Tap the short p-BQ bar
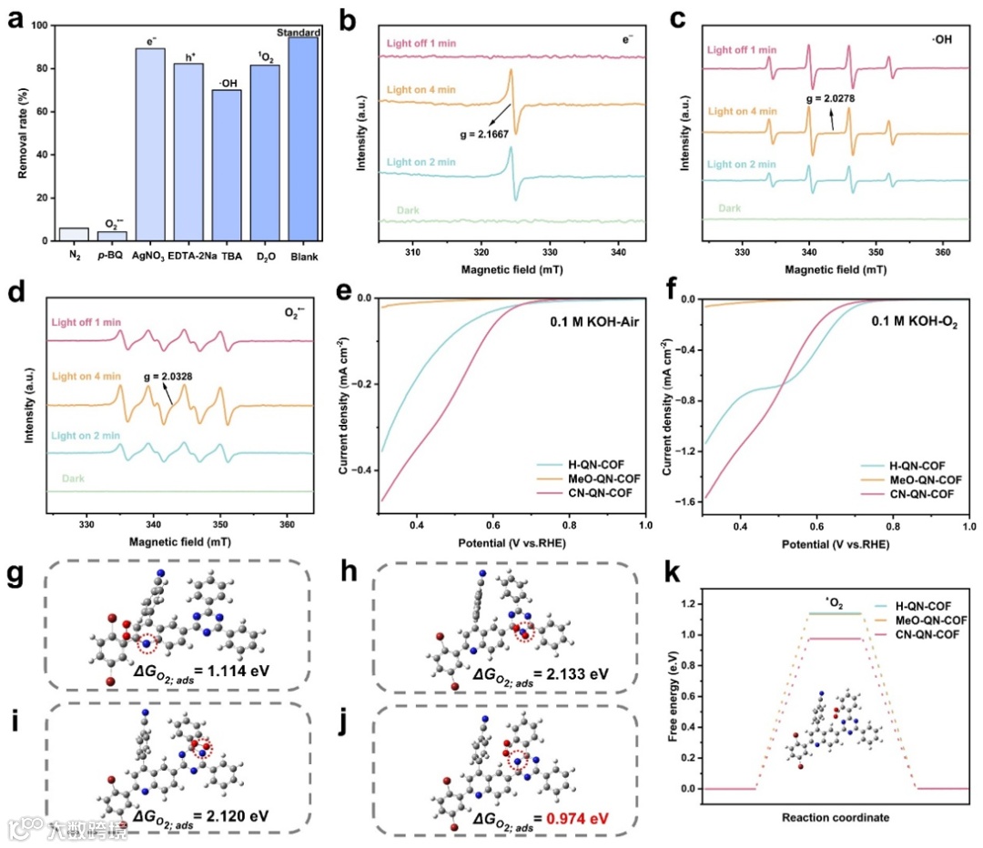point(112,236)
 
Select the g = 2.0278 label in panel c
point(830,97)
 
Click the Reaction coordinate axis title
point(835,817)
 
